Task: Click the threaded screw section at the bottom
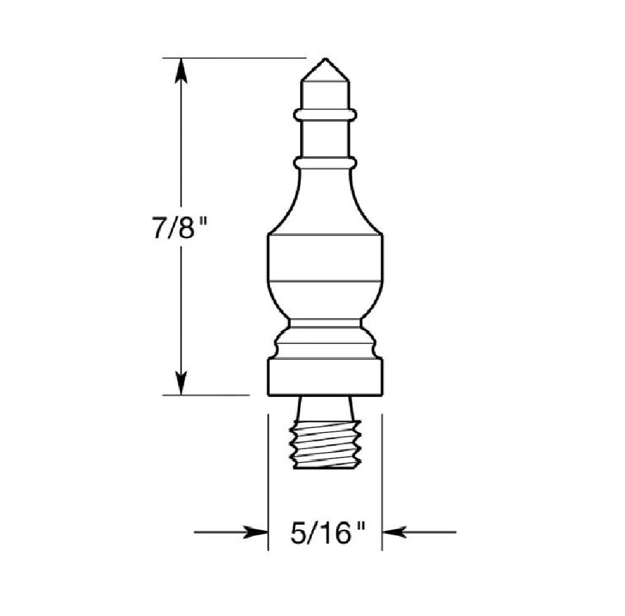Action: pos(325,445)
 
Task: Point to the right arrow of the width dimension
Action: pos(396,532)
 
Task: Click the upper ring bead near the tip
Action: pos(325,115)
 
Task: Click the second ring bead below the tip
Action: pos(325,163)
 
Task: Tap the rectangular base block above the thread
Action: pos(325,377)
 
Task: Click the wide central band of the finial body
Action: pos(325,258)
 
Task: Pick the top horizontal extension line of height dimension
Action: pos(233,58)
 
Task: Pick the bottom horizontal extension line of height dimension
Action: pos(205,396)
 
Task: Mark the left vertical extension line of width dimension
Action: pos(268,478)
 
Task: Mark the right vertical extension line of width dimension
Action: pos(382,478)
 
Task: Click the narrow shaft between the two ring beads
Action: pos(325,138)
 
